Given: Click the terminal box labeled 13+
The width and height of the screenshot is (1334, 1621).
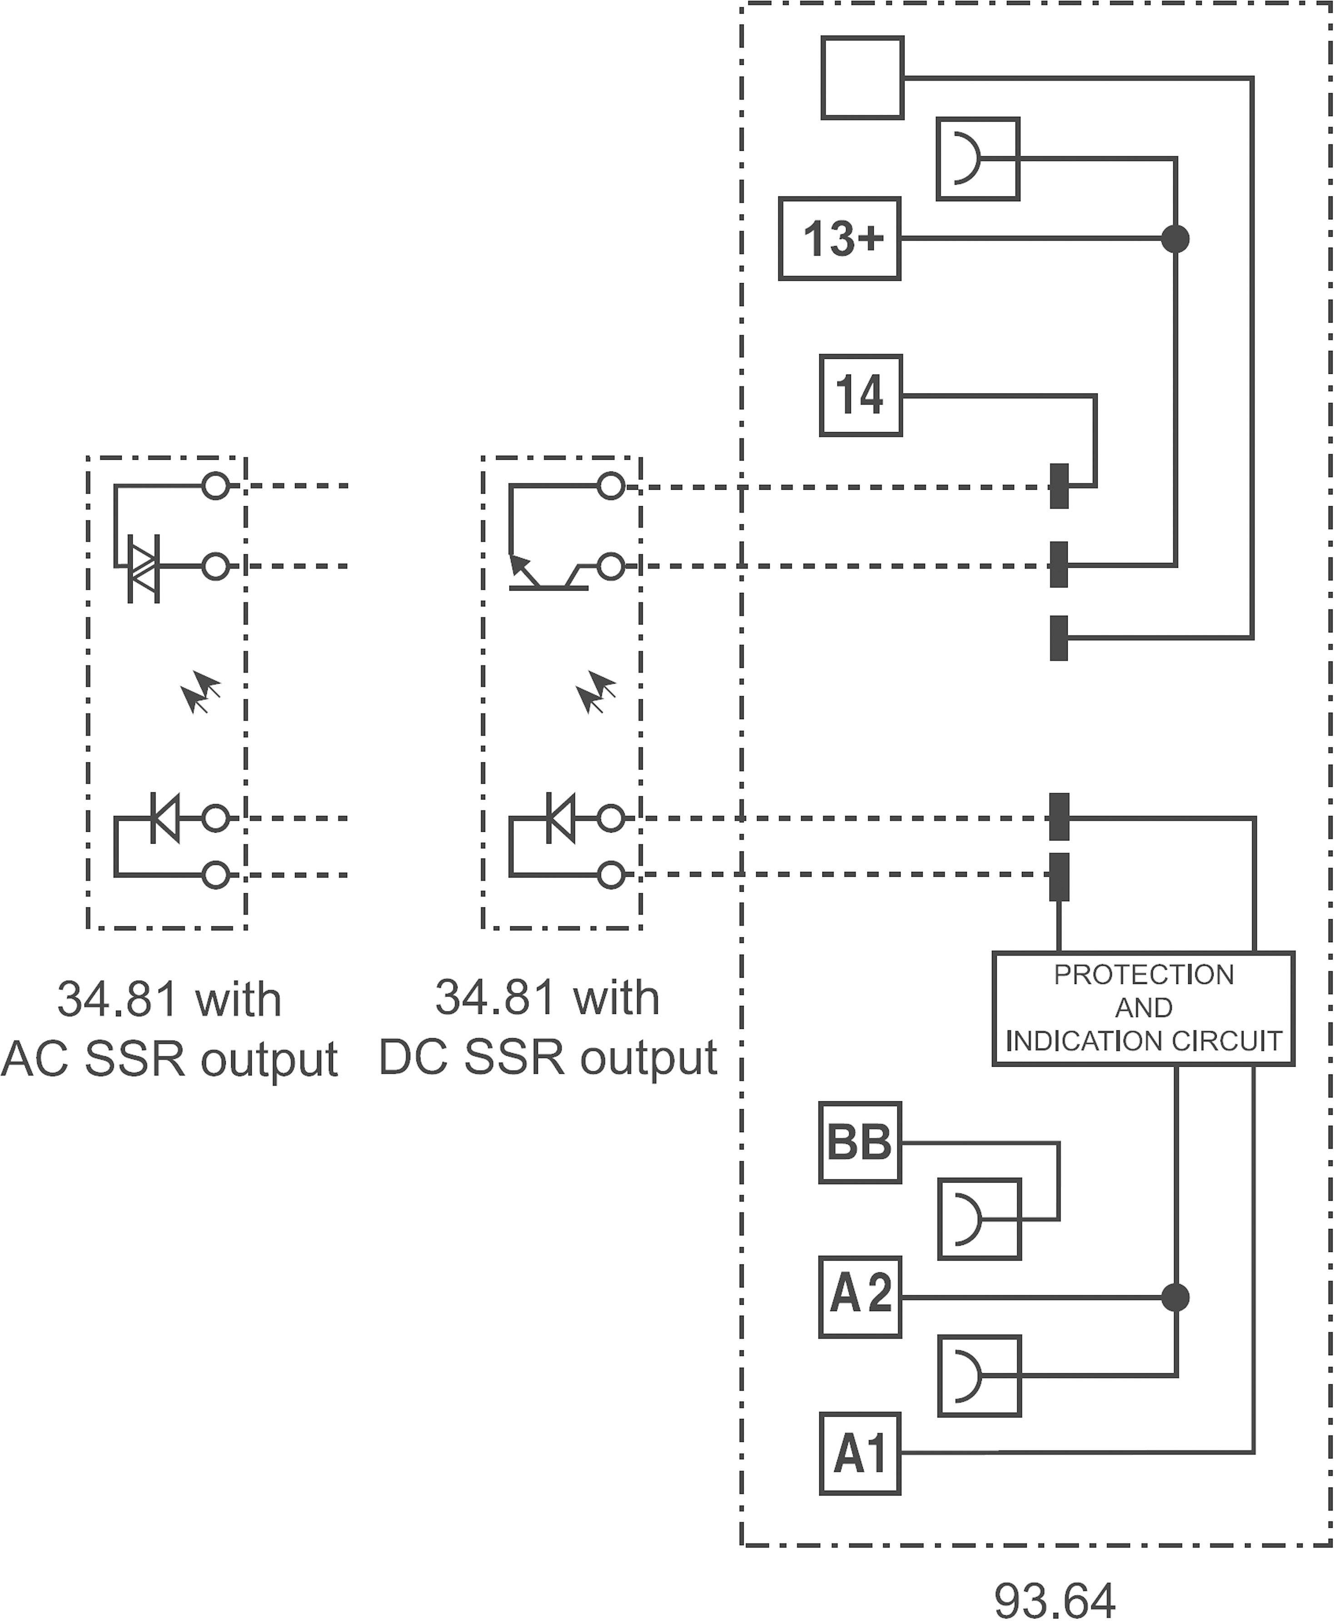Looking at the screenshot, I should pyautogui.click(x=839, y=239).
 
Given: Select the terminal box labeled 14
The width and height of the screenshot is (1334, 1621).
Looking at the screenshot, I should pyautogui.click(x=861, y=396).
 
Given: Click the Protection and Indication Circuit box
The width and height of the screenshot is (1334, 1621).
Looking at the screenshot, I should pyautogui.click(x=1144, y=1008).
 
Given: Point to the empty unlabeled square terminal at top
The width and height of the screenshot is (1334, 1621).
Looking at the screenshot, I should pyautogui.click(x=862, y=78).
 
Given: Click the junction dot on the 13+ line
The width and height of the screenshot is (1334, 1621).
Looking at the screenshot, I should pyautogui.click(x=1175, y=239).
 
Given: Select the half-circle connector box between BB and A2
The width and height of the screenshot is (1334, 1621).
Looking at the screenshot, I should pyautogui.click(x=979, y=1219).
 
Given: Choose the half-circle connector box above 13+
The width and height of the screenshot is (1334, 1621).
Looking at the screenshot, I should pyautogui.click(x=977, y=159).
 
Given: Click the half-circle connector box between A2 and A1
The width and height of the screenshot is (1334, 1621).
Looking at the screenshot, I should pyautogui.click(x=979, y=1376).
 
